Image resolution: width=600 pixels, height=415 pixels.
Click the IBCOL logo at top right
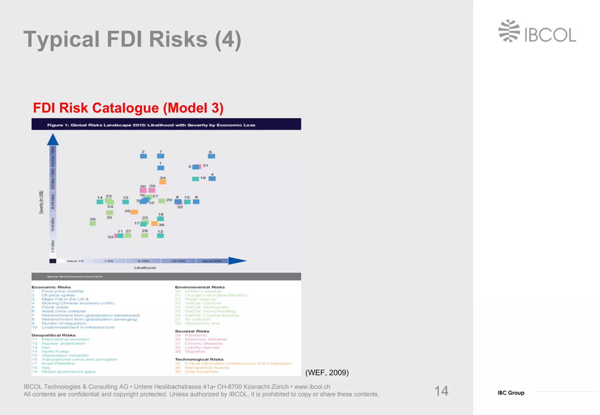[x=537, y=31]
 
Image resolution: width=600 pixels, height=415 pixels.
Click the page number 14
[x=441, y=391]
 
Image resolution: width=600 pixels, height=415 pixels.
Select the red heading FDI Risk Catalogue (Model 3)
[x=128, y=108]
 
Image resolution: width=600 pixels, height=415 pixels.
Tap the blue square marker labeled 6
[x=212, y=156]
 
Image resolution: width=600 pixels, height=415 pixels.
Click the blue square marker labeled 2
[x=143, y=156]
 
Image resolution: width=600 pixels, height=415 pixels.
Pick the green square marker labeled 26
[x=93, y=223]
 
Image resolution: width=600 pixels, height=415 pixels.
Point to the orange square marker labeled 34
[x=163, y=182]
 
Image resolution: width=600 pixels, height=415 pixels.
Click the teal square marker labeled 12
[x=160, y=236]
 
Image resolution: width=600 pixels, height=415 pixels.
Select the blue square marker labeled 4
[x=212, y=179]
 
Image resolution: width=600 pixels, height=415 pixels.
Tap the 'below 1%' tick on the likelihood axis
[x=75, y=261]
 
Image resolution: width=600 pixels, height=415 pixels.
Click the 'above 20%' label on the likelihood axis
[x=212, y=261]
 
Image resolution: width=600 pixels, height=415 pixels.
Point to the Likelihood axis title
[x=145, y=268]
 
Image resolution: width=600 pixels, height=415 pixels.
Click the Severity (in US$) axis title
[x=41, y=202]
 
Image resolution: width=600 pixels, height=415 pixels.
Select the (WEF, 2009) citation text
[x=327, y=373]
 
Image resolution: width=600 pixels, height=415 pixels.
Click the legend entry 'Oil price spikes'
[x=58, y=295]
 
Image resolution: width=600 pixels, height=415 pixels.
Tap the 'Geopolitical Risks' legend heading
[x=54, y=335]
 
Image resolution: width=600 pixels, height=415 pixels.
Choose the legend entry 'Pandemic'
[x=196, y=335]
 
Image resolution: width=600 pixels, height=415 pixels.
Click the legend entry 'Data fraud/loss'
[x=201, y=372]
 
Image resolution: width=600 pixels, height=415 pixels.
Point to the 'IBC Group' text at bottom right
[x=511, y=393]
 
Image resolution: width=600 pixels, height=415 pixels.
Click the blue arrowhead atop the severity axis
[x=53, y=140]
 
